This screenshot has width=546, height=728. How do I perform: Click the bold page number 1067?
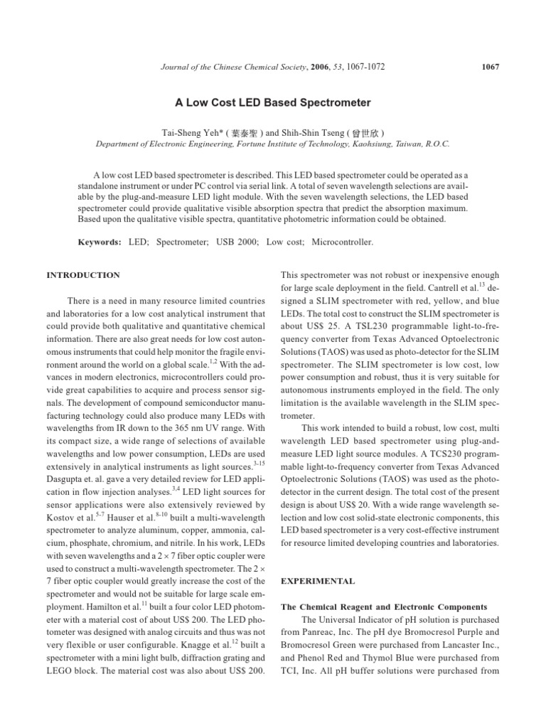490,67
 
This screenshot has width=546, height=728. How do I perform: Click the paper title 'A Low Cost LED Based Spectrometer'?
273,103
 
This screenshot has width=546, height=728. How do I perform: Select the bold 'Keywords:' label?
100,242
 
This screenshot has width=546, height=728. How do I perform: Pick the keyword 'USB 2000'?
235,242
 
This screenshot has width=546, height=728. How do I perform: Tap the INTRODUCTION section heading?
83,275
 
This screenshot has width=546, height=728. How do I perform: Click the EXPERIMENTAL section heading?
318,581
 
